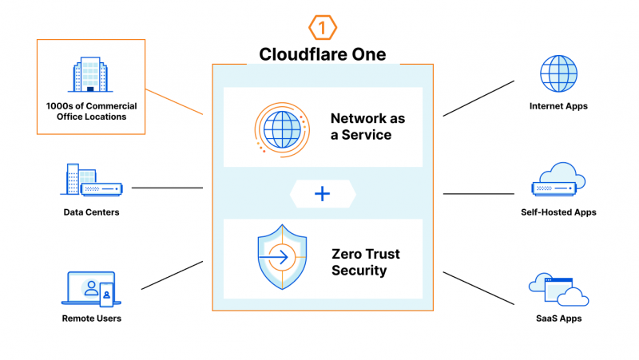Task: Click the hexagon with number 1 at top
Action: [322, 29]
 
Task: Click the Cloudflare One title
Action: [322, 54]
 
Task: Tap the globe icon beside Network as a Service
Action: [280, 128]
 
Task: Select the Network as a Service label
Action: [367, 127]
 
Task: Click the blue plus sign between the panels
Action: [322, 193]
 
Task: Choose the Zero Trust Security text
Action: [365, 263]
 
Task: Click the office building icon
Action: [90, 75]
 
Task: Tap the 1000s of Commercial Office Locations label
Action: [91, 112]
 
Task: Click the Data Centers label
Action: [91, 212]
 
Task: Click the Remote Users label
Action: [91, 318]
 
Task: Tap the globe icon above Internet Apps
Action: [558, 74]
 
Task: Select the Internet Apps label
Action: [558, 106]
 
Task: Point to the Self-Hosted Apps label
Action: [558, 212]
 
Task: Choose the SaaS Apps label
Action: [558, 318]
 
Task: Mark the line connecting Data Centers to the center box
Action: [167, 188]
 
